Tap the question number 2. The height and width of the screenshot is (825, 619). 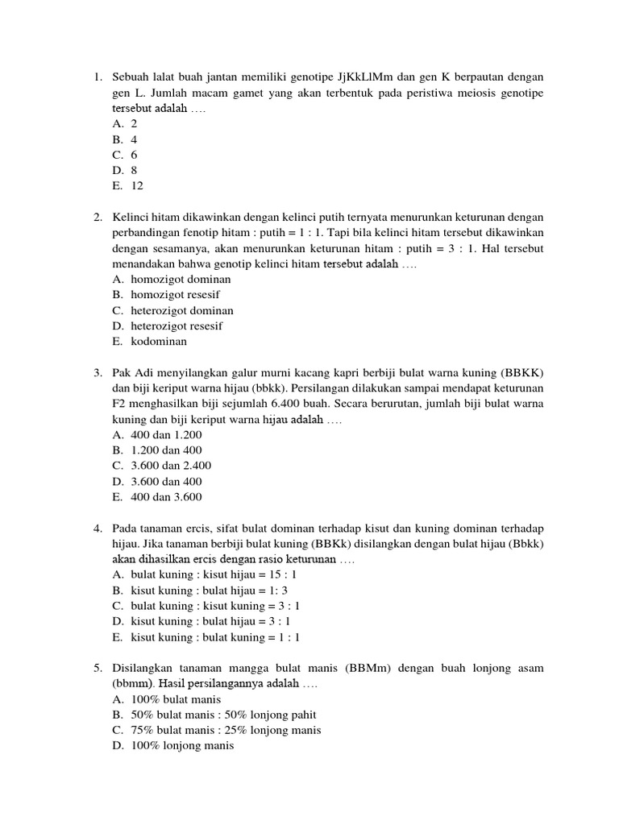(97, 218)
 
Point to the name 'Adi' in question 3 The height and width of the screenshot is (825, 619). (143, 373)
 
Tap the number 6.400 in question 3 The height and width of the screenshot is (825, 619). (307, 404)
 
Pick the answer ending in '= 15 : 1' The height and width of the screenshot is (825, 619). (205, 575)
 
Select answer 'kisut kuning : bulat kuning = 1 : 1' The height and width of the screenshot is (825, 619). (206, 637)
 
